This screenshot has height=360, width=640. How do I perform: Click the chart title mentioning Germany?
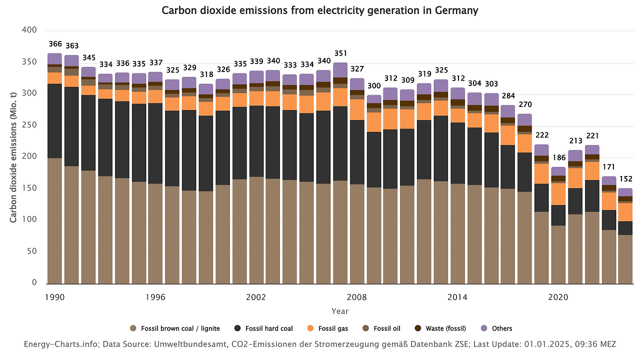coord(320,10)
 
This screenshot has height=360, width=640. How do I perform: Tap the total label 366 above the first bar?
coord(55,44)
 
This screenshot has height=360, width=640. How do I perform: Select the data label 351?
coord(340,53)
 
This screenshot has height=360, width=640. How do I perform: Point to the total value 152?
coord(626,179)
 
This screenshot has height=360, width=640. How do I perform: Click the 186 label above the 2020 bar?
coord(558,157)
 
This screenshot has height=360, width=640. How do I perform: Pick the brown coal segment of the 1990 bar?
coord(55,220)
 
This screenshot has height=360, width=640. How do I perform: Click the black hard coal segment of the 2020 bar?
coord(558,215)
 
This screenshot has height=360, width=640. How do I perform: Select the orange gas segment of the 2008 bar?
coord(357,109)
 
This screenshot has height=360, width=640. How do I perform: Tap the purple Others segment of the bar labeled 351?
coord(340,70)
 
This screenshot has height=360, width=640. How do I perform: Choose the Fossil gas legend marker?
coord(310,328)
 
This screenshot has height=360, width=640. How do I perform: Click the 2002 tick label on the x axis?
coord(256,297)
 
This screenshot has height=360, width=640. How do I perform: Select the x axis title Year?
coord(340,311)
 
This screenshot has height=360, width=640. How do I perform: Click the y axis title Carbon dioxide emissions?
coord(13,157)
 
